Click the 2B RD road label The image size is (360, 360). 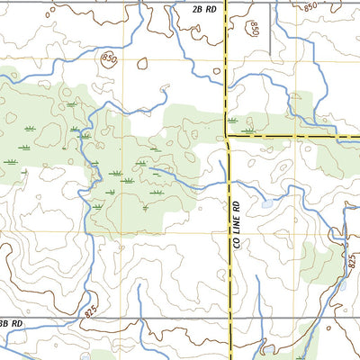click(204, 9)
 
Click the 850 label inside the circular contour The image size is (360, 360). click(109, 60)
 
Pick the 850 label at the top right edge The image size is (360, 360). click(310, 6)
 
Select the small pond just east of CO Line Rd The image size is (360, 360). click(267, 204)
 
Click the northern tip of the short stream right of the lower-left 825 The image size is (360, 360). click(139, 286)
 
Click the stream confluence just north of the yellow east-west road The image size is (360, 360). click(288, 117)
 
